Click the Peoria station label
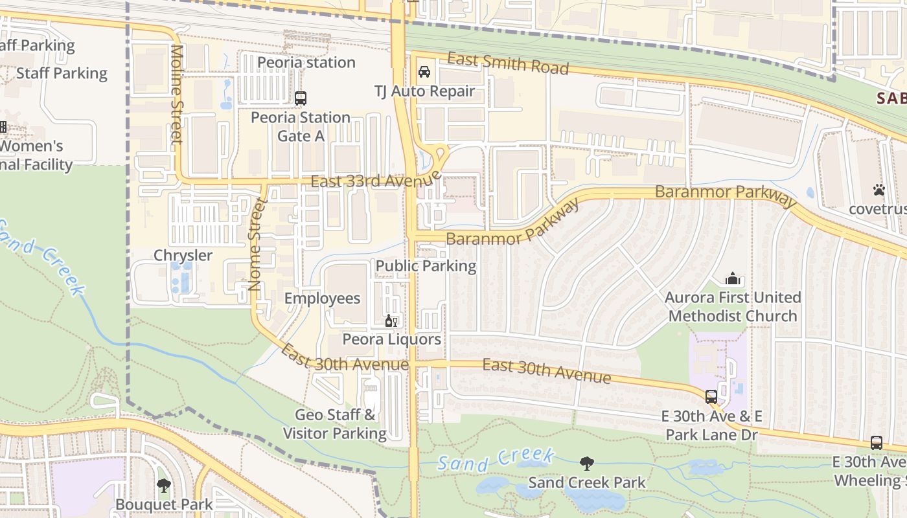[x=306, y=62]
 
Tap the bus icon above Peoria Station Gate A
[x=301, y=98]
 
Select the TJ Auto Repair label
[x=425, y=91]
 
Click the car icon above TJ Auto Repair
[x=424, y=72]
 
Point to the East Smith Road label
[x=508, y=63]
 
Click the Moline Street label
[x=177, y=94]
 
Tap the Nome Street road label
[x=257, y=244]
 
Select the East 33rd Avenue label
[x=376, y=179]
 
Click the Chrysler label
[x=183, y=255]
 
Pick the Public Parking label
[x=426, y=265]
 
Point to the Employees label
[x=322, y=298]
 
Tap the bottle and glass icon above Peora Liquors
[x=391, y=321]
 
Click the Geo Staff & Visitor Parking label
[x=335, y=424]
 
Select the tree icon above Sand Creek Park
[x=587, y=464]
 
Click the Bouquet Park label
[x=164, y=504]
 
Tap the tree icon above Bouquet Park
[x=164, y=485]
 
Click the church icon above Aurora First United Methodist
[x=733, y=278]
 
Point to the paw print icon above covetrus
[x=878, y=190]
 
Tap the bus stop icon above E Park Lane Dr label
[x=711, y=396]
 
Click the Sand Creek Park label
[x=587, y=482]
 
